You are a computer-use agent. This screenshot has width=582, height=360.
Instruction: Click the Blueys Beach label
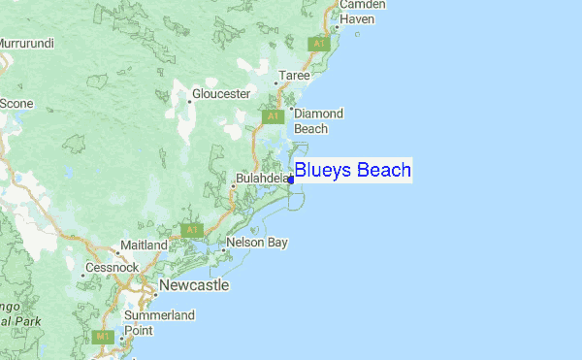352,171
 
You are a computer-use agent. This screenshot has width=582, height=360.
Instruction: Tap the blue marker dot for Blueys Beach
291,180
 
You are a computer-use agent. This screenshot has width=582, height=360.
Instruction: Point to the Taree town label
295,76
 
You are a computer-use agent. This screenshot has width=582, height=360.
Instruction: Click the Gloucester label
221,93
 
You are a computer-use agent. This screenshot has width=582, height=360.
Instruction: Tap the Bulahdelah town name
263,179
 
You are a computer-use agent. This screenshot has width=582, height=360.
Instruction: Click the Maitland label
144,245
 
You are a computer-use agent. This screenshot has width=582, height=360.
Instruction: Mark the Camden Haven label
361,12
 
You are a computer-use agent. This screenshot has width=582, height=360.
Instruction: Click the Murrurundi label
26,44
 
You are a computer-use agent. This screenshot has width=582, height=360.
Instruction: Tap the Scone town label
16,103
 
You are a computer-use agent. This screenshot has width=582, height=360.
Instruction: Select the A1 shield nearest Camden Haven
317,44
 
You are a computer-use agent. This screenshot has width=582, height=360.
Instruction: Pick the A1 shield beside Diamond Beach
273,116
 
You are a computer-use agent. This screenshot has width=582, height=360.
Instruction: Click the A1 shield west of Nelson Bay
192,230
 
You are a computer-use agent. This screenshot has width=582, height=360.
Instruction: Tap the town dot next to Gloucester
188,99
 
